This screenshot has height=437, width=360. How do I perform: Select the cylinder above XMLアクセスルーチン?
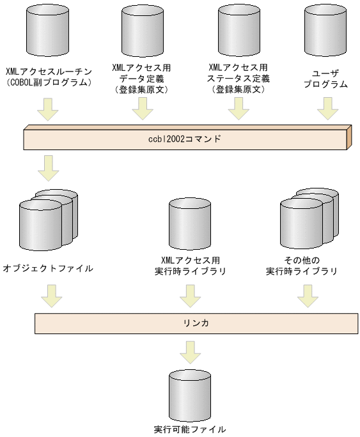click(x=49, y=31)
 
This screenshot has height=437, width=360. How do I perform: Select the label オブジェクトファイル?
click(x=48, y=268)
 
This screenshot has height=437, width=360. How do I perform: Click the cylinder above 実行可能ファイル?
click(x=190, y=394)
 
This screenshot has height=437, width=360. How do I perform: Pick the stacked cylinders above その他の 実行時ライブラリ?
click(x=308, y=221)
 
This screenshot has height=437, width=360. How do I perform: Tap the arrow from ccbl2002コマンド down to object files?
click(x=48, y=167)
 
